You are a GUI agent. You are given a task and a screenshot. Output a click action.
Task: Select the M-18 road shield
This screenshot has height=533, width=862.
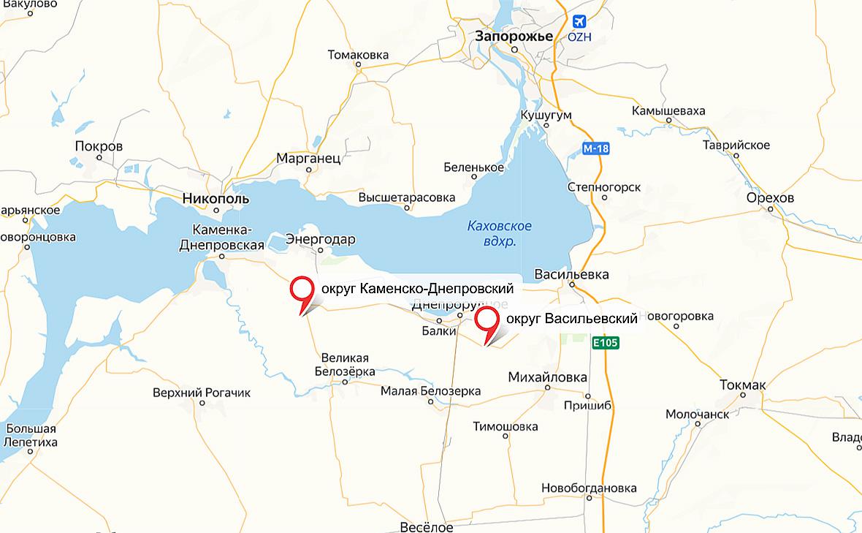coord(596,148)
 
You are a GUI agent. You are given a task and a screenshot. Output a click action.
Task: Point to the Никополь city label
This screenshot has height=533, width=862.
coord(215,198)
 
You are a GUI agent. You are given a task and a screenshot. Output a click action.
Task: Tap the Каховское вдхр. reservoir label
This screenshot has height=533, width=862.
coord(500,233)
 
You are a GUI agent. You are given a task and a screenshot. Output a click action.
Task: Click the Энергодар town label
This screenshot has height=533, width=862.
coord(321,239)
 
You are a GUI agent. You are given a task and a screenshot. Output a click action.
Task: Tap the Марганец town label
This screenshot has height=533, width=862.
coord(308,158)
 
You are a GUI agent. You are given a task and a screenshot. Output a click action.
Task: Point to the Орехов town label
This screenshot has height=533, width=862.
coord(770,198)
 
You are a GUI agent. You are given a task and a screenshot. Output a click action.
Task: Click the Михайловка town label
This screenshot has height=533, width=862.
coord(547,377)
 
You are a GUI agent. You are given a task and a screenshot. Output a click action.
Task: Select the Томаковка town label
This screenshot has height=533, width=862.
coord(358,55)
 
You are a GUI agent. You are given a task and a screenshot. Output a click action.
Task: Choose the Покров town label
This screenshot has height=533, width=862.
coord(99,146)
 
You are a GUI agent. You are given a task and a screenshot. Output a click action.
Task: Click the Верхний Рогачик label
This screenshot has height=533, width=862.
coord(202,393)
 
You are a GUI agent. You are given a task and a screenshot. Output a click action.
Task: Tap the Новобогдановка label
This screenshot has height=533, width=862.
coord(589,488)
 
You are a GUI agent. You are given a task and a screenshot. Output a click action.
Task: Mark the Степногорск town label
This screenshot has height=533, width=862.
coord(604,187)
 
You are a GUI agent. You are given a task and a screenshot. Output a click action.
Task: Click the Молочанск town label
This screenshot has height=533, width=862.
coord(697,415)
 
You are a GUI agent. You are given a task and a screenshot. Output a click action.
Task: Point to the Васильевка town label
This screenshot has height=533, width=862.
coord(571,274)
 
